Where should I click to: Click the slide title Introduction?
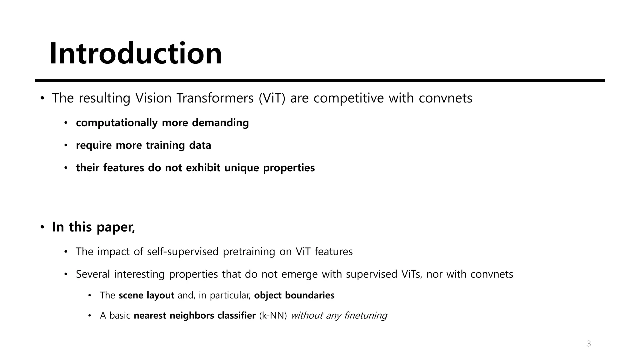click(x=136, y=53)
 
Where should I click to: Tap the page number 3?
click(x=589, y=344)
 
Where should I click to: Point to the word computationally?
click(x=117, y=123)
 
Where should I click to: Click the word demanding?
click(x=220, y=123)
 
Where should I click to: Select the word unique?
click(x=242, y=168)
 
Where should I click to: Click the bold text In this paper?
click(x=93, y=227)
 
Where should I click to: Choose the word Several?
click(x=93, y=274)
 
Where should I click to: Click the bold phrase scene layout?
click(x=146, y=295)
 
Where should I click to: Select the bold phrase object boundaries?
click(x=294, y=295)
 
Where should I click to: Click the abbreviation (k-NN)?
click(x=273, y=316)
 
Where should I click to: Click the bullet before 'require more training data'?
click(x=66, y=145)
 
